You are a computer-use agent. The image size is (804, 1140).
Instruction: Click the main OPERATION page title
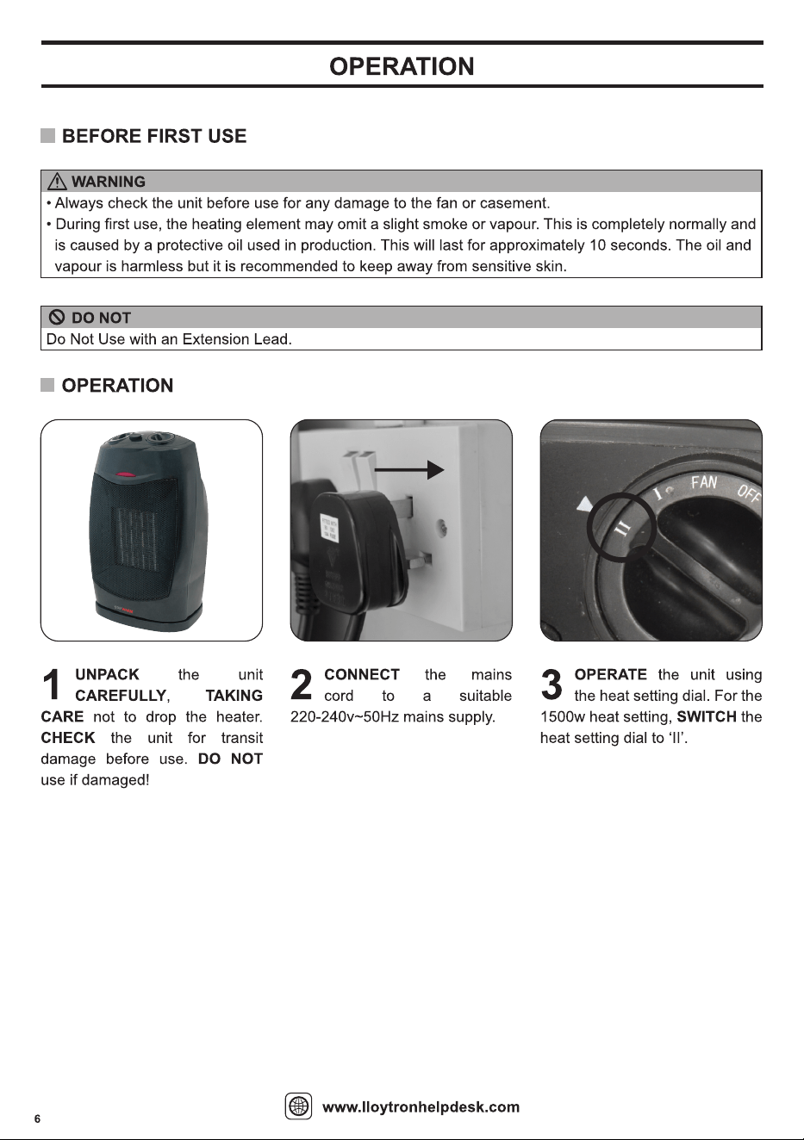pos(402,66)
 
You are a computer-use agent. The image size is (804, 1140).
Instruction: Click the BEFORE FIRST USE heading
pos(154,136)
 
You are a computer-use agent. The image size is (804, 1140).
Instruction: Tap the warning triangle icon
pos(57,181)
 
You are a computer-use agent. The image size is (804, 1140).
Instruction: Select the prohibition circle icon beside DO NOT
pos(57,318)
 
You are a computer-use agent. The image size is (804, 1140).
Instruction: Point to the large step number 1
pos(52,685)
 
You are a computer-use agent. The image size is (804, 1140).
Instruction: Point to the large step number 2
pos(301,685)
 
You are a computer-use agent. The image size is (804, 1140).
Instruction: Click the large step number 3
pos(552,685)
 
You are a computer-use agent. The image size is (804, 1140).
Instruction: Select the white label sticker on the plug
pos(328,530)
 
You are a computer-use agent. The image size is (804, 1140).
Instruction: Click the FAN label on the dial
pos(704,482)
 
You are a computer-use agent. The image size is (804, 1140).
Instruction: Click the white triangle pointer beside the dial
pos(585,505)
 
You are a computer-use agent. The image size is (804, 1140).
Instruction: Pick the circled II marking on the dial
pos(623,530)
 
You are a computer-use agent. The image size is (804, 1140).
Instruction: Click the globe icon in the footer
pos(298,1106)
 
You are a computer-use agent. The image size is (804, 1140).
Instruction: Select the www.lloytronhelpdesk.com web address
pos(421,1107)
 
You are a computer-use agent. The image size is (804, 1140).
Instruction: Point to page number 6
pos(37,1118)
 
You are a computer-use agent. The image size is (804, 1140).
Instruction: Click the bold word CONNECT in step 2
pos(362,674)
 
